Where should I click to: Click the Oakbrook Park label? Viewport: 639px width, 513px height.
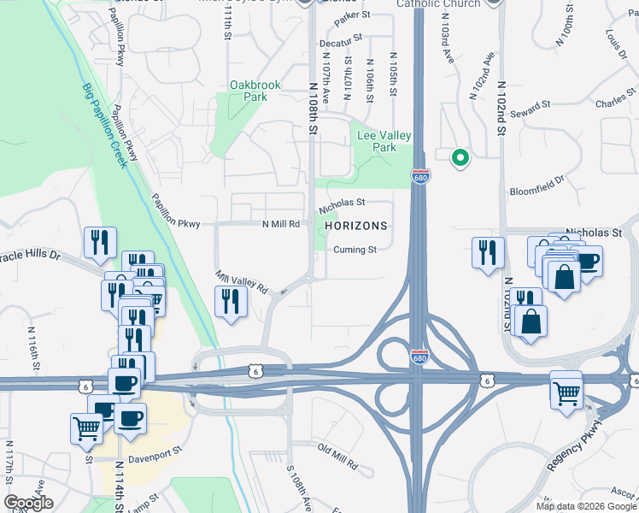(x=249, y=91)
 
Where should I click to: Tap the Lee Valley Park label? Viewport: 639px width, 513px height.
(x=384, y=141)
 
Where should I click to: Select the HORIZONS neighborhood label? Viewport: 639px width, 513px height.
(x=356, y=226)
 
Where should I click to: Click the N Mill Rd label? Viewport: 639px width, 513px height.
(x=280, y=224)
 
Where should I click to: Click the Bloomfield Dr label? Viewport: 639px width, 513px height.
(x=537, y=186)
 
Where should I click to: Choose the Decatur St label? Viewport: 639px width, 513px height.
(x=341, y=41)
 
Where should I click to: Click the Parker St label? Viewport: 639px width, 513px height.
(x=352, y=15)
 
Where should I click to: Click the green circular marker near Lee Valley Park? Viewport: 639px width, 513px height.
(x=460, y=157)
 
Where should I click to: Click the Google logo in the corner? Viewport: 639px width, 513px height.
(x=28, y=503)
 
